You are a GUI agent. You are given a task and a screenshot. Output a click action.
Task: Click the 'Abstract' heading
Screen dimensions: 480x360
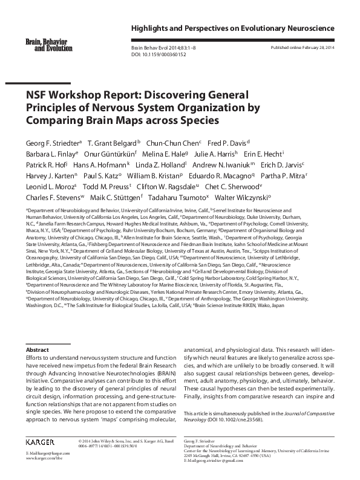(x=38, y=349)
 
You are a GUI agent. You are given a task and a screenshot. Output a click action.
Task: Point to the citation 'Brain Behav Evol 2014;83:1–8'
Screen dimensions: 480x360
(x=160, y=47)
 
